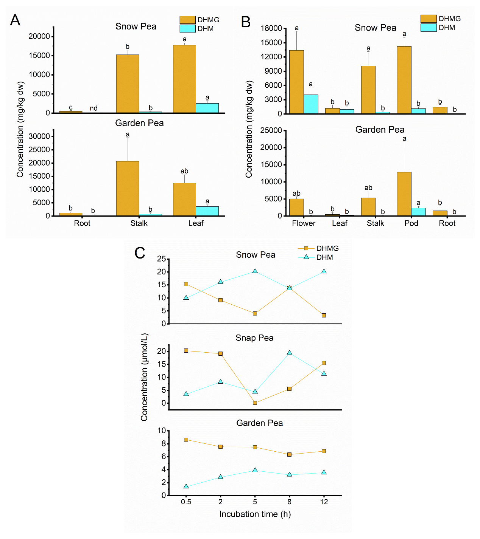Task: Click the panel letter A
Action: click(15, 20)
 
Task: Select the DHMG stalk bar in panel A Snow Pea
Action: click(128, 84)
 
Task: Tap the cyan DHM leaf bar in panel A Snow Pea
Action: click(207, 108)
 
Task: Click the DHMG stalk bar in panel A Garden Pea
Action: click(128, 188)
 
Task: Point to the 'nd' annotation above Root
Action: click(94, 108)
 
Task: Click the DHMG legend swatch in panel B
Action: click(428, 19)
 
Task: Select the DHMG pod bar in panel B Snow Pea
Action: click(404, 80)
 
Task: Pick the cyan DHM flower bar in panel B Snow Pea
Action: click(311, 104)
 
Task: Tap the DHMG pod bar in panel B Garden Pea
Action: click(404, 194)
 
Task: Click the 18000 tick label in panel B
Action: click(271, 28)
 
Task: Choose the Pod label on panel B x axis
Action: click(411, 223)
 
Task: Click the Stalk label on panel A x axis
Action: click(139, 223)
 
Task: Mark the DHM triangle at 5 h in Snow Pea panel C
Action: click(255, 271)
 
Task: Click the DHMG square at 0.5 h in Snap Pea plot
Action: click(186, 351)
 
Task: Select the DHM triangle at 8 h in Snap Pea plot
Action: click(290, 353)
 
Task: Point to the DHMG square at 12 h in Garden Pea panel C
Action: click(324, 451)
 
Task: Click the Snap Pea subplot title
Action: click(254, 338)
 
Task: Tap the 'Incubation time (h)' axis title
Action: click(255, 514)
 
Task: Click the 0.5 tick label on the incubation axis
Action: click(186, 502)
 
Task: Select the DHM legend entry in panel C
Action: click(324, 257)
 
